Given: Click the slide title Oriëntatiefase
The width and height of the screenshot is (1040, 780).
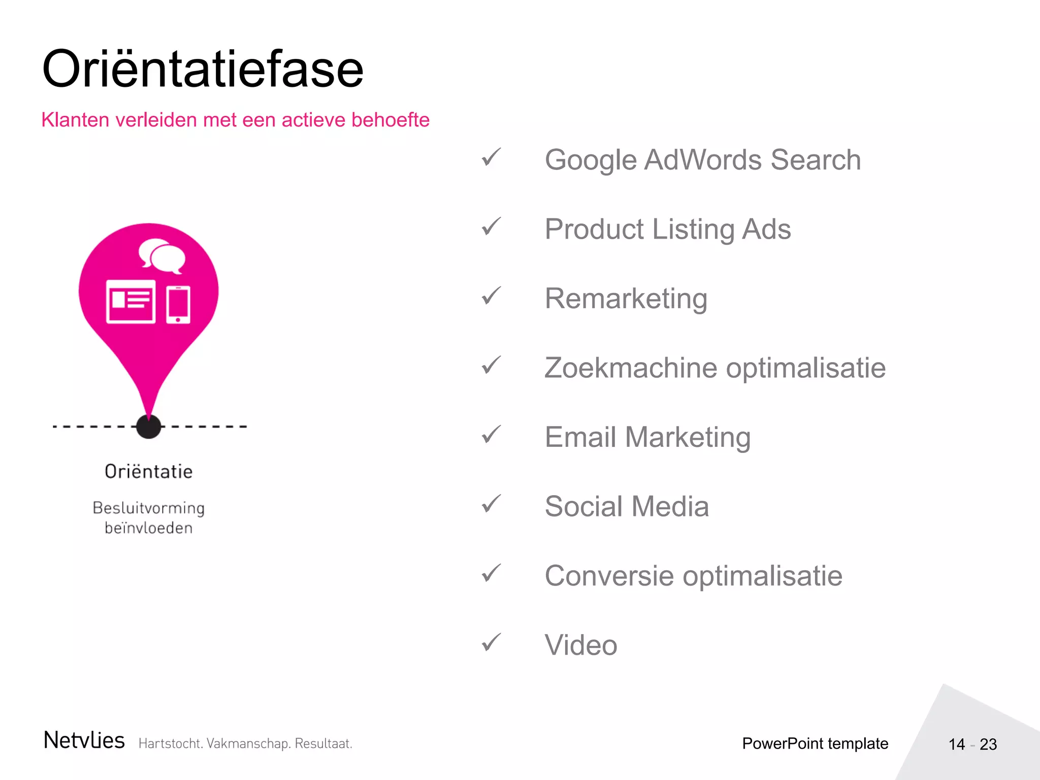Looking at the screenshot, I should tap(203, 69).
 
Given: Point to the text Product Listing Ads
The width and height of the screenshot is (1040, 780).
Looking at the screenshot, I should tap(667, 229).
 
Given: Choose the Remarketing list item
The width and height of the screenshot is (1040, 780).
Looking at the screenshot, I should tap(626, 299).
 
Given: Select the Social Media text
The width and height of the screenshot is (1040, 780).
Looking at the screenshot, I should tap(627, 506).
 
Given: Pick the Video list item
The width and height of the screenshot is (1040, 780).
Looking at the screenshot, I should tap(581, 645).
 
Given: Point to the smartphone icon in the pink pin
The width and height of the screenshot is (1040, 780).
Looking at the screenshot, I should tap(178, 304).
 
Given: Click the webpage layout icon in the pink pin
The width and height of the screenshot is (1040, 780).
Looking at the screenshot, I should tap(131, 301).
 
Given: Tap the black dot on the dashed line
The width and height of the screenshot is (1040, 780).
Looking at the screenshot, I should tap(149, 427).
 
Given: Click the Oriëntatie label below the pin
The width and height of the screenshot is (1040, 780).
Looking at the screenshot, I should tap(149, 472).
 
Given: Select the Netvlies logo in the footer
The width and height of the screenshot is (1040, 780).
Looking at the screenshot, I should tap(84, 740).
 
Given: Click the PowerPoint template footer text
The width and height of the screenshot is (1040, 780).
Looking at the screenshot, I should tap(815, 743).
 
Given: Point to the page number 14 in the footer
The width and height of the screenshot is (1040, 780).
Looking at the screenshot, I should tap(957, 744).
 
